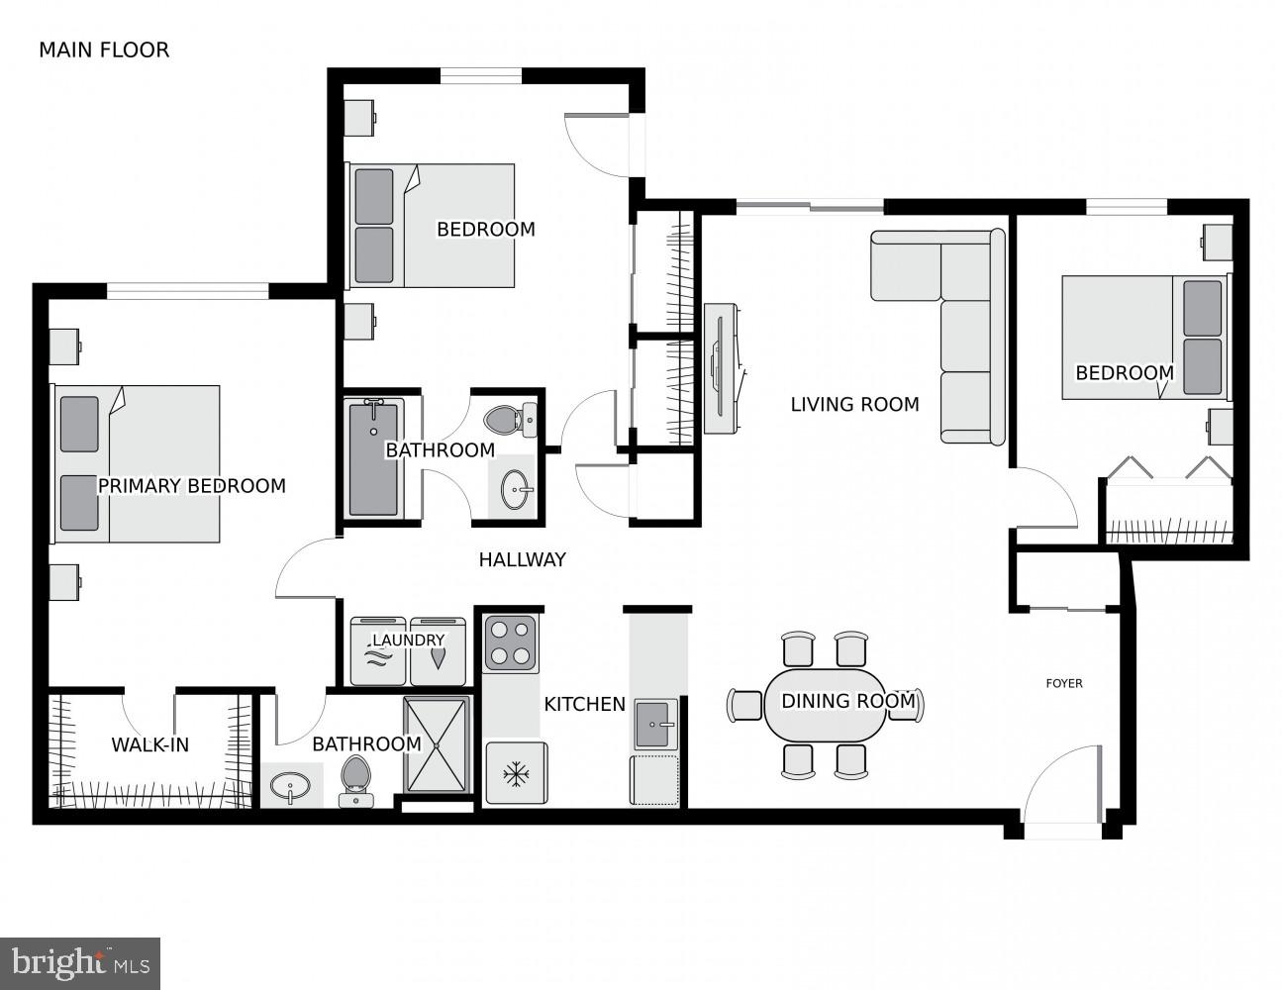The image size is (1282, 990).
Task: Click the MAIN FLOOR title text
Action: (104, 50)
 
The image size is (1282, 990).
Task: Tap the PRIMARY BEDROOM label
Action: (191, 486)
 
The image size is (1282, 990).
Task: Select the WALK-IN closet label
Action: (149, 744)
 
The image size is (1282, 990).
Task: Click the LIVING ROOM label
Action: (854, 404)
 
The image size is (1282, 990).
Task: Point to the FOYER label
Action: (1064, 683)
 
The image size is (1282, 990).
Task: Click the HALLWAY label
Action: (522, 559)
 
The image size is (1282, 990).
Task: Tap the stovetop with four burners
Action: (511, 643)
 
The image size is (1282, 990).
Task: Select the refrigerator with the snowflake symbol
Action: (514, 772)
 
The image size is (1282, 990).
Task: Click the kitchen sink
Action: (655, 725)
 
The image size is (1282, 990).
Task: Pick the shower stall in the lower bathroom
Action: (436, 744)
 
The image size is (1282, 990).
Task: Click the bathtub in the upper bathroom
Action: (373, 457)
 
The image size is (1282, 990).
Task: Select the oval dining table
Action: (826, 705)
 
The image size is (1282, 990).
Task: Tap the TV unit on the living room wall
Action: (724, 368)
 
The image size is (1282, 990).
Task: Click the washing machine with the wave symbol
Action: (380, 653)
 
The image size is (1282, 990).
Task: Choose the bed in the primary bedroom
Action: (137, 464)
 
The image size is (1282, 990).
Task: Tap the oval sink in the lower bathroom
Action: (290, 787)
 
